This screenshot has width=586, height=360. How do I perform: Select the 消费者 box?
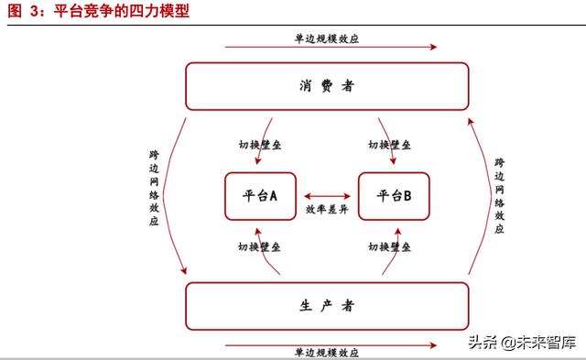pos(327,87)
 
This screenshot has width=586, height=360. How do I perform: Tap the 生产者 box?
pos(327,305)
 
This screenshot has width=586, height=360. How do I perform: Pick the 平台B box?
pos(395,196)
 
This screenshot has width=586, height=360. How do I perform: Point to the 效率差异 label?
pos(327,210)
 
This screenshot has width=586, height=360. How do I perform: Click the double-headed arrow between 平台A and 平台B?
pos(327,195)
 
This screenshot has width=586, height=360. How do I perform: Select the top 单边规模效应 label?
pos(327,39)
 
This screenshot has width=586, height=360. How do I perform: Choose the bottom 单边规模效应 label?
pos(327,352)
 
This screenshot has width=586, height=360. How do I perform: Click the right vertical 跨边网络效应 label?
pos(499,194)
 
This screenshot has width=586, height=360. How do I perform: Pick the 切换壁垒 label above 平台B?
pos(389,145)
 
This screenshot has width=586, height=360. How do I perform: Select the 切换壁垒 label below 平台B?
pos(389,247)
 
